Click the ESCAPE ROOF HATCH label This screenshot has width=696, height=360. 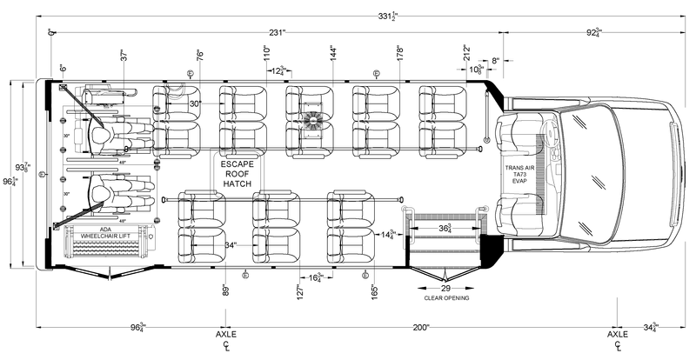(238, 173)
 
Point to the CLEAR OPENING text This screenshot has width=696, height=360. (445, 297)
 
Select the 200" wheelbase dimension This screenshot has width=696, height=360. (420, 327)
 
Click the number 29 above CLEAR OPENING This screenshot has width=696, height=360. (445, 288)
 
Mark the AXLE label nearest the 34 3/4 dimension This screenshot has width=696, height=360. (617, 334)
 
